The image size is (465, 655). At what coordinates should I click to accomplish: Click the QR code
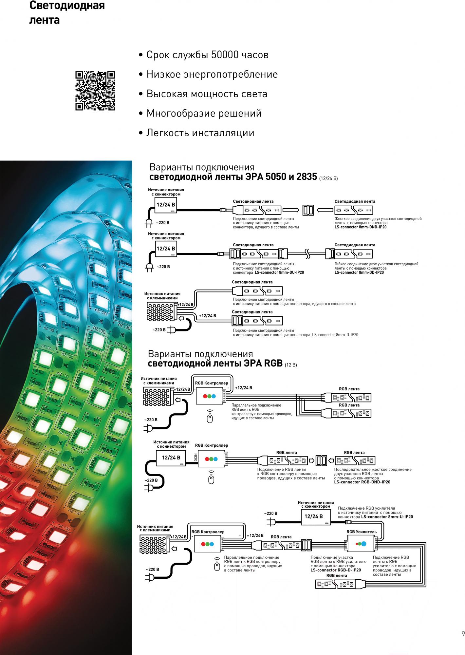95,91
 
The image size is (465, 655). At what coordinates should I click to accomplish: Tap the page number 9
463,634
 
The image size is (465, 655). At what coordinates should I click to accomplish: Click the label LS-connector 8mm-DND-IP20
361,227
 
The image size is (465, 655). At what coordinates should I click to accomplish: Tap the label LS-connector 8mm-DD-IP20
359,272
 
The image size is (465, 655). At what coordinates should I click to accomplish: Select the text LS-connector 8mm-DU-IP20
279,272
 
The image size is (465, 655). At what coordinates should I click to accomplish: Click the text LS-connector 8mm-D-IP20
335,335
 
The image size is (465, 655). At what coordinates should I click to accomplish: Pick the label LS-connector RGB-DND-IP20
362,482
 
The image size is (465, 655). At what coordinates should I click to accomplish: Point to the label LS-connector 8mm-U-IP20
387,517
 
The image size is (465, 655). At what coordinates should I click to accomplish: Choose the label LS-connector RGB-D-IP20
336,570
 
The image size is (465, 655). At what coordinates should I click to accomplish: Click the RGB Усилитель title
362,532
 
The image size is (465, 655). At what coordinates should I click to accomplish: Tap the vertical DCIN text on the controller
195,458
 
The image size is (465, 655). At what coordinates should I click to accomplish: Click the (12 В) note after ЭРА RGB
291,365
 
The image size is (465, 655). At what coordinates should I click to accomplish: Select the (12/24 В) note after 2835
328,178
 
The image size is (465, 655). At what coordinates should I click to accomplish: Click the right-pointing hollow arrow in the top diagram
291,210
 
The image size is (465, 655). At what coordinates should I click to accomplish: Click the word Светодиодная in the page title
67,6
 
